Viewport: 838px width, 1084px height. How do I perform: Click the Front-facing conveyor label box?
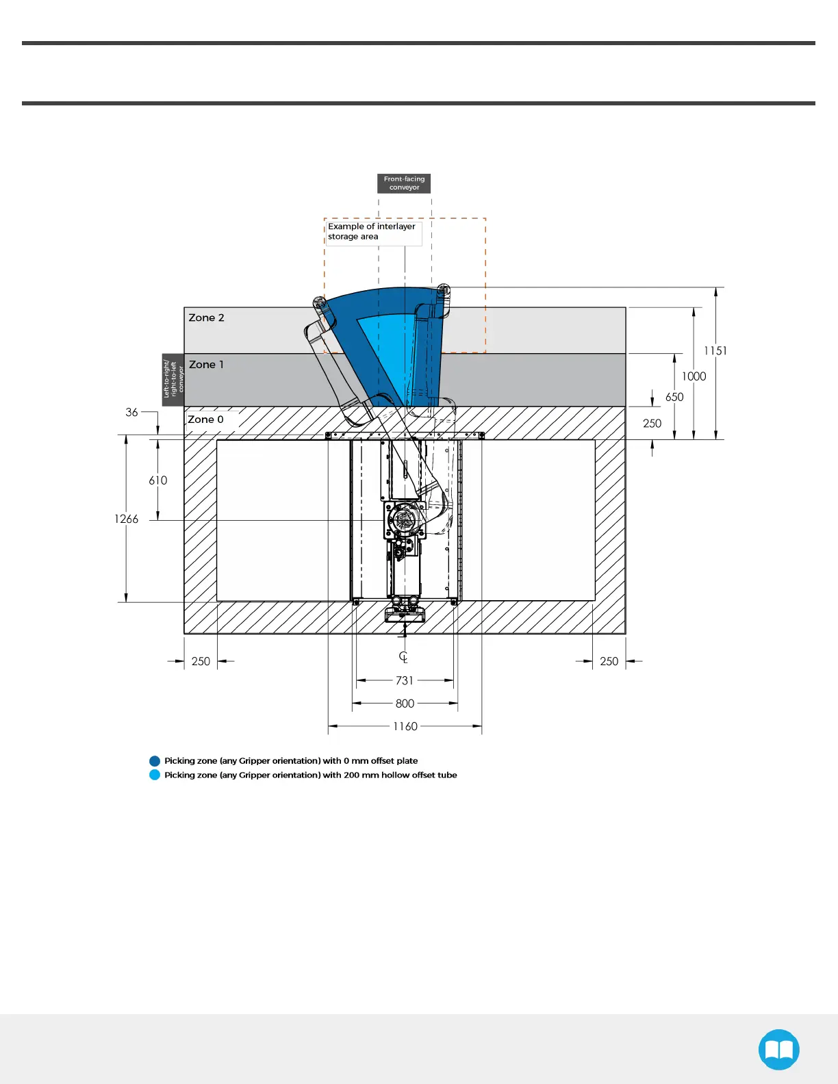click(x=404, y=183)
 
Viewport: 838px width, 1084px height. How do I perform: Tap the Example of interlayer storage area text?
click(x=371, y=231)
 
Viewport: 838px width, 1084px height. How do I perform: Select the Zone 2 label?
click(x=206, y=318)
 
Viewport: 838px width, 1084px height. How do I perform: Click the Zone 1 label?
click(x=206, y=365)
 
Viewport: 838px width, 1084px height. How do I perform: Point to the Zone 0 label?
click(x=205, y=420)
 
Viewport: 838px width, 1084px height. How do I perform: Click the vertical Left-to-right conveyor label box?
click(x=173, y=380)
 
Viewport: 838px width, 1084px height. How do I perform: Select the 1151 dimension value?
click(x=715, y=350)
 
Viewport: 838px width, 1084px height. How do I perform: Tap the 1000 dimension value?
click(x=694, y=376)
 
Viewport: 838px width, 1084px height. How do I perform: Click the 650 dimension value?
click(x=674, y=397)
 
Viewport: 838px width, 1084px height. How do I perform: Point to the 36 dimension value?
click(x=131, y=412)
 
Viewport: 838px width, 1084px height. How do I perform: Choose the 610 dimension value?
click(x=158, y=480)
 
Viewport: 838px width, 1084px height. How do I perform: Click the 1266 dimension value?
click(x=126, y=519)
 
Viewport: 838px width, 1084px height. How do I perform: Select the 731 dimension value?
click(x=405, y=680)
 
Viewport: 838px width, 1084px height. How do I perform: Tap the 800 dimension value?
click(x=405, y=704)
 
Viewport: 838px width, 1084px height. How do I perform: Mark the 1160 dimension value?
click(x=405, y=726)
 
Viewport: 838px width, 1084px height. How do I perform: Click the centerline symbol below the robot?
click(x=403, y=657)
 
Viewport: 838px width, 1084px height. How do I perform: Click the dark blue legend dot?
click(x=155, y=761)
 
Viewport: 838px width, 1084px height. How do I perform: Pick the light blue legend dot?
click(x=155, y=775)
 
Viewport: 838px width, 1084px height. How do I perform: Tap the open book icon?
click(x=778, y=1049)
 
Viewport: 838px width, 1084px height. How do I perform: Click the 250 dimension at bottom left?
click(x=201, y=661)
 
